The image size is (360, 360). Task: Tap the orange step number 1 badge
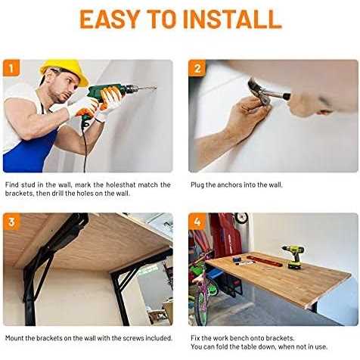coord(11,68)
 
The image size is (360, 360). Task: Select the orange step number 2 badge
coord(197,68)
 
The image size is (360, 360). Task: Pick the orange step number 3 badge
coord(11,222)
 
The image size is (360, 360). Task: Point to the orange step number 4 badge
coord(197,222)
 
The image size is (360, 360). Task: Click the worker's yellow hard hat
coord(65,70)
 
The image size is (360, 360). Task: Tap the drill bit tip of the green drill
coord(156,88)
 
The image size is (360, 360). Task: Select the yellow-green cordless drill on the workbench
coord(293,256)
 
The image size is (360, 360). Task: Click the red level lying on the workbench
coord(264,261)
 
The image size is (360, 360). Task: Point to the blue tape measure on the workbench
coord(236,259)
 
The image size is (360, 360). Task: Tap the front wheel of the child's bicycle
coord(202,309)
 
